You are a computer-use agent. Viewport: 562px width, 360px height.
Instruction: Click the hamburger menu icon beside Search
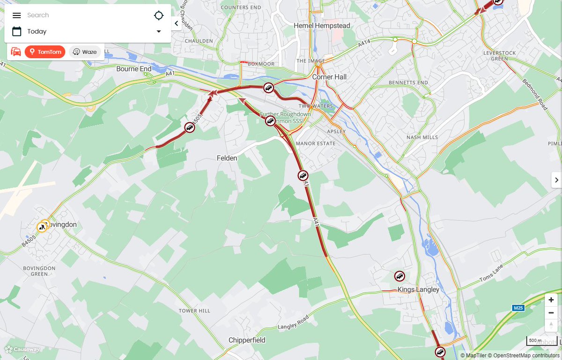17,15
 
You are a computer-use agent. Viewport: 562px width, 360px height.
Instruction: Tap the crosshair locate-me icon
159,15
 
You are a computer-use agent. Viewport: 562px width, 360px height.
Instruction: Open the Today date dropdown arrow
159,31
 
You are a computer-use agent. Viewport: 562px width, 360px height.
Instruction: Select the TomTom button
45,52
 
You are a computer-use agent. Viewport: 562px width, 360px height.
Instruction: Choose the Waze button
85,52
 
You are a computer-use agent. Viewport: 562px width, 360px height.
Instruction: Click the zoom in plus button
551,300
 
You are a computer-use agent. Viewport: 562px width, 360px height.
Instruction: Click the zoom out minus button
551,312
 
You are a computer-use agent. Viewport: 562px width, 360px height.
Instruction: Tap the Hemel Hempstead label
322,26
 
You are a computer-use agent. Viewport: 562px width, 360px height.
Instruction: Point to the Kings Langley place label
418,289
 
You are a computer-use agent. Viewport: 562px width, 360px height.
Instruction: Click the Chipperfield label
247,340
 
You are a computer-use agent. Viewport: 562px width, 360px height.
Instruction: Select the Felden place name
227,158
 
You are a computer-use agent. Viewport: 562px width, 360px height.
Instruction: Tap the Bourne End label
134,69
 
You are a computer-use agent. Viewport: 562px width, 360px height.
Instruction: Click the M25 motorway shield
518,308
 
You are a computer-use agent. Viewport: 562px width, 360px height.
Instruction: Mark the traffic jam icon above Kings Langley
399,276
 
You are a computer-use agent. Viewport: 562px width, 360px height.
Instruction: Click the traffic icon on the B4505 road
189,127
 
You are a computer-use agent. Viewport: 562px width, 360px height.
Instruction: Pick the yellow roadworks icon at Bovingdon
42,228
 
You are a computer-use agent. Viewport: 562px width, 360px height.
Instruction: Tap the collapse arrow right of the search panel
176,23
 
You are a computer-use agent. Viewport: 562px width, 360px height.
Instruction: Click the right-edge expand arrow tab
556,180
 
